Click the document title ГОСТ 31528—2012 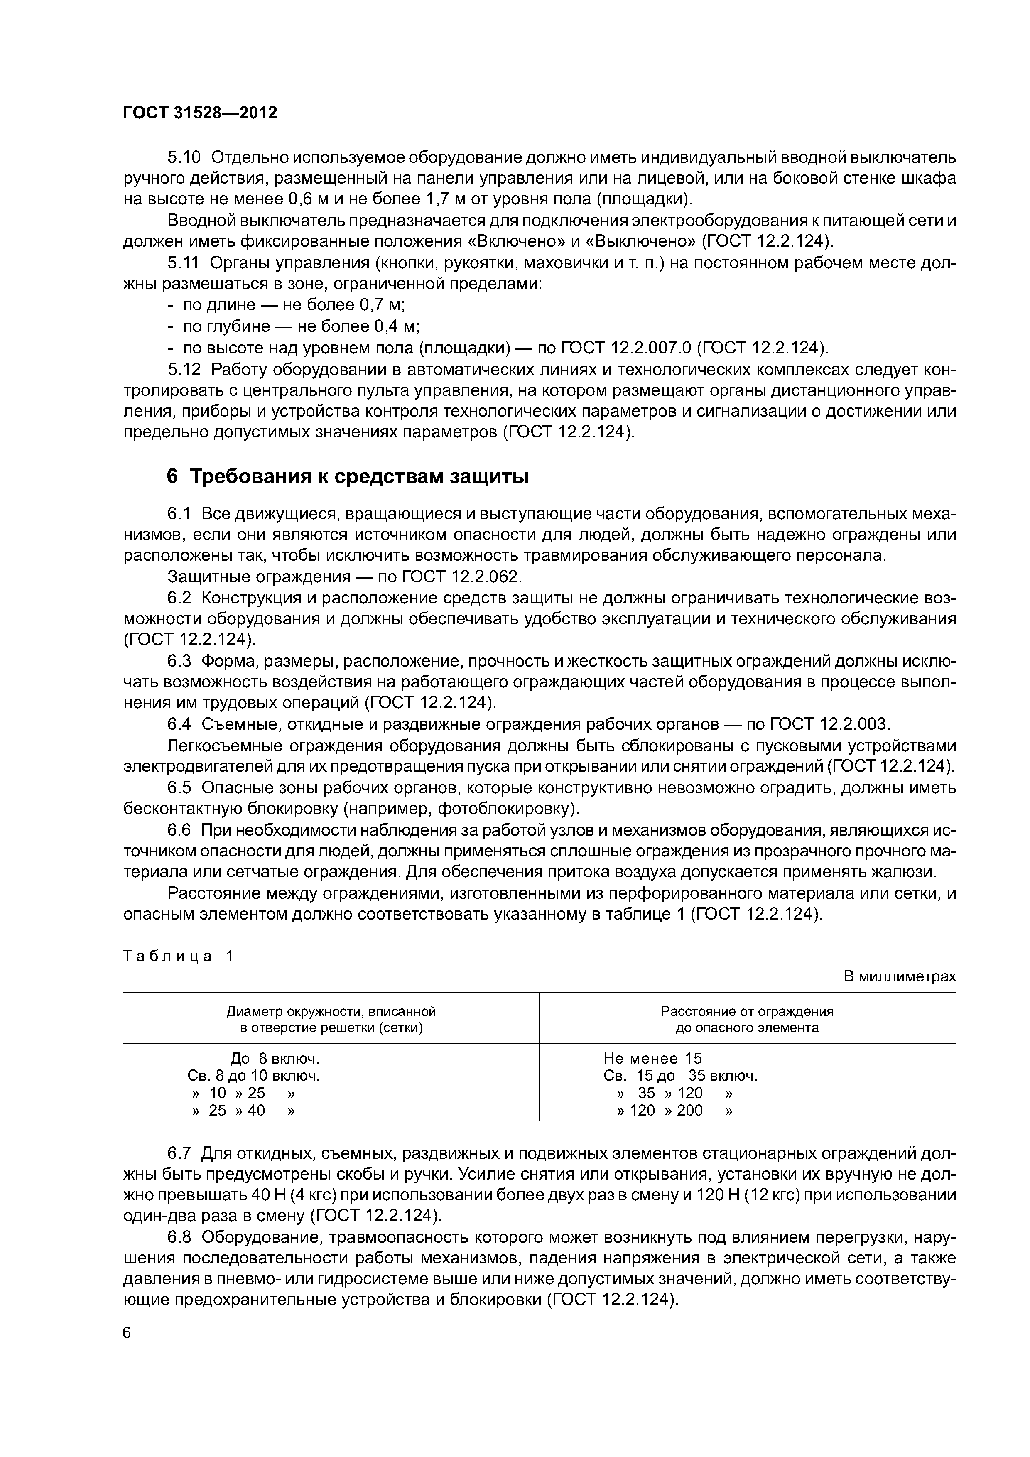click(x=200, y=113)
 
